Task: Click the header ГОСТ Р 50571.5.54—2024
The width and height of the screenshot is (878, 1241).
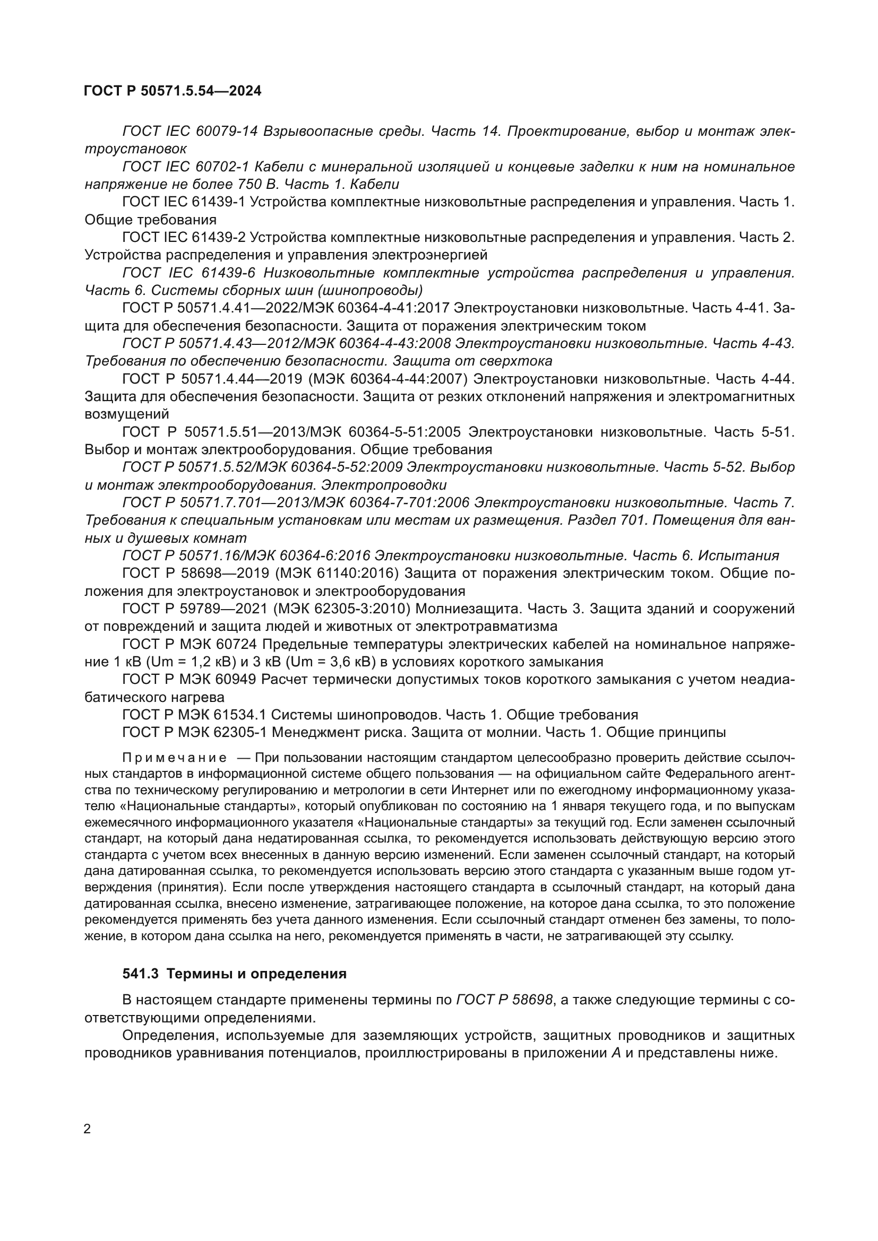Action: tap(173, 91)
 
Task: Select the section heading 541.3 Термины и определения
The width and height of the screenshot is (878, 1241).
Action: tap(234, 974)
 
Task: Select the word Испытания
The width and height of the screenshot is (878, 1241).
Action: tap(738, 556)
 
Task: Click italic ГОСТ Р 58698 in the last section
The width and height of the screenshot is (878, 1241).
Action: tap(505, 1001)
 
